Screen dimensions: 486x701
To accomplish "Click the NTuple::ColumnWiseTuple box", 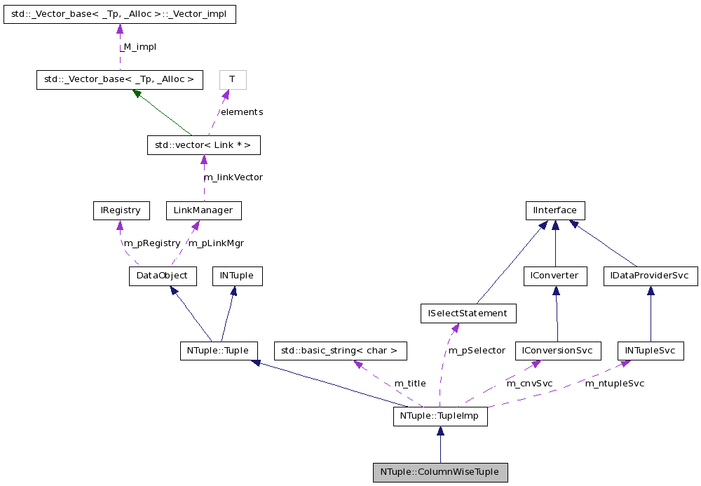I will pyautogui.click(x=440, y=472).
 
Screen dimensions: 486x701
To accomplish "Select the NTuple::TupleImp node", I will pyautogui.click(x=440, y=417).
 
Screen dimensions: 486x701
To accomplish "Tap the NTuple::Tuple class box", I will pyautogui.click(x=218, y=350).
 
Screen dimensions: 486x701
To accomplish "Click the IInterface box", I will pyautogui.click(x=555, y=210).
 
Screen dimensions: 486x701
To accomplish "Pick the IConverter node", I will pyautogui.click(x=554, y=276).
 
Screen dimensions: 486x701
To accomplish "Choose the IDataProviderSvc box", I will pyautogui.click(x=650, y=276).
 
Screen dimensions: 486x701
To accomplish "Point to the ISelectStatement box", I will pyautogui.click(x=468, y=313).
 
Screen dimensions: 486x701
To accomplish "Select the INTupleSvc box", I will pyautogui.click(x=650, y=350).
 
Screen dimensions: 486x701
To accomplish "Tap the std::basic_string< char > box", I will pyautogui.click(x=340, y=350).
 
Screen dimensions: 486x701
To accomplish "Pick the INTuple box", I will pyautogui.click(x=237, y=276).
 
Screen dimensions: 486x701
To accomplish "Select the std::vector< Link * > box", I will pyautogui.click(x=203, y=145).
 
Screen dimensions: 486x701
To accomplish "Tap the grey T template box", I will pyautogui.click(x=232, y=79).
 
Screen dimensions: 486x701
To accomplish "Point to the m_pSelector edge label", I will pyautogui.click(x=477, y=350).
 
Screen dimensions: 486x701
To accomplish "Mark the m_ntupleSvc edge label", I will pyautogui.click(x=614, y=383).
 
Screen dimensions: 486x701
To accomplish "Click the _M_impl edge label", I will pyautogui.click(x=137, y=47).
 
